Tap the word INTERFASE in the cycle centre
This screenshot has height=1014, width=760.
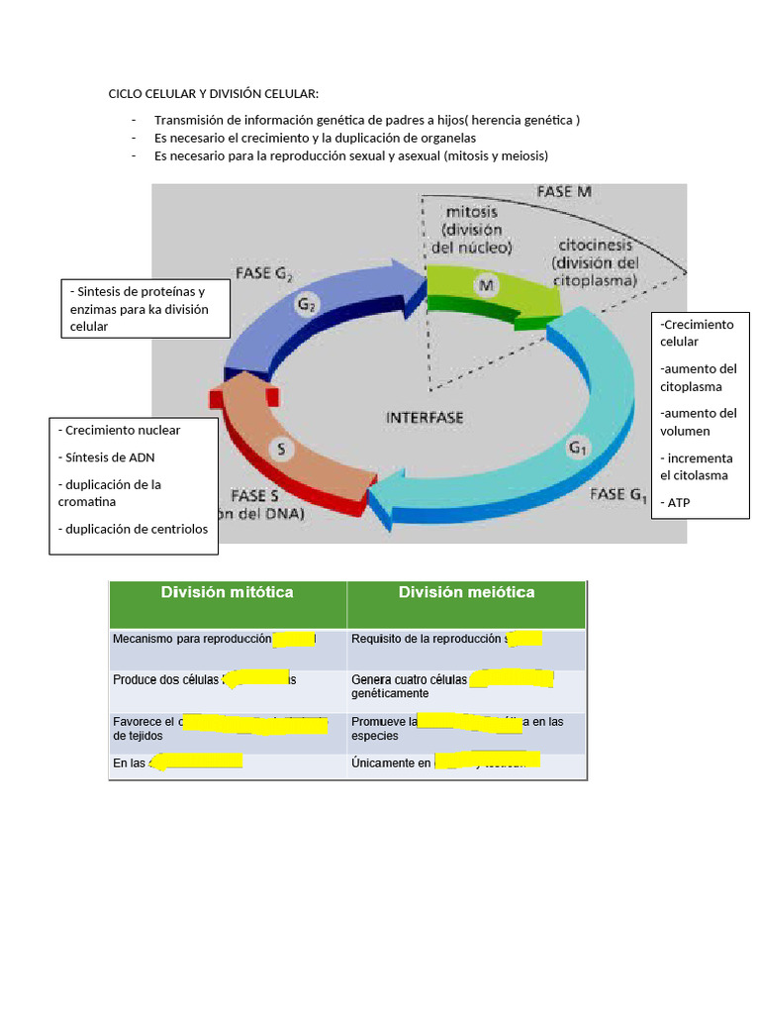click(x=425, y=418)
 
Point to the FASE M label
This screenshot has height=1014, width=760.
click(x=564, y=191)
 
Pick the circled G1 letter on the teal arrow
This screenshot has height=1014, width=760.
click(x=578, y=448)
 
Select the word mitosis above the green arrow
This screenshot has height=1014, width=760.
click(x=472, y=212)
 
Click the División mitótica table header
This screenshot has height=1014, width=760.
click(x=228, y=592)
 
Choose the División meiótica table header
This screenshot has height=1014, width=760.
click(x=466, y=592)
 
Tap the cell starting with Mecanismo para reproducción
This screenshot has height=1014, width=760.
click(x=228, y=639)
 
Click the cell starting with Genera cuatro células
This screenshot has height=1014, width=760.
click(x=465, y=686)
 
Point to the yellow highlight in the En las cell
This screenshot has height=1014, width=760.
click(x=198, y=761)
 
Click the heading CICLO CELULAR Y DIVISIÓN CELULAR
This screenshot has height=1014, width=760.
click(x=214, y=94)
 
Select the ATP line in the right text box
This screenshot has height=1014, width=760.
click(x=679, y=502)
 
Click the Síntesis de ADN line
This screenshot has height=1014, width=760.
click(x=106, y=456)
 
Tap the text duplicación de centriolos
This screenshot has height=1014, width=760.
click(x=134, y=529)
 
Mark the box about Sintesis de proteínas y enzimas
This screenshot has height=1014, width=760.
click(x=145, y=308)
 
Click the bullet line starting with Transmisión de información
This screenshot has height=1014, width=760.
click(x=367, y=120)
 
